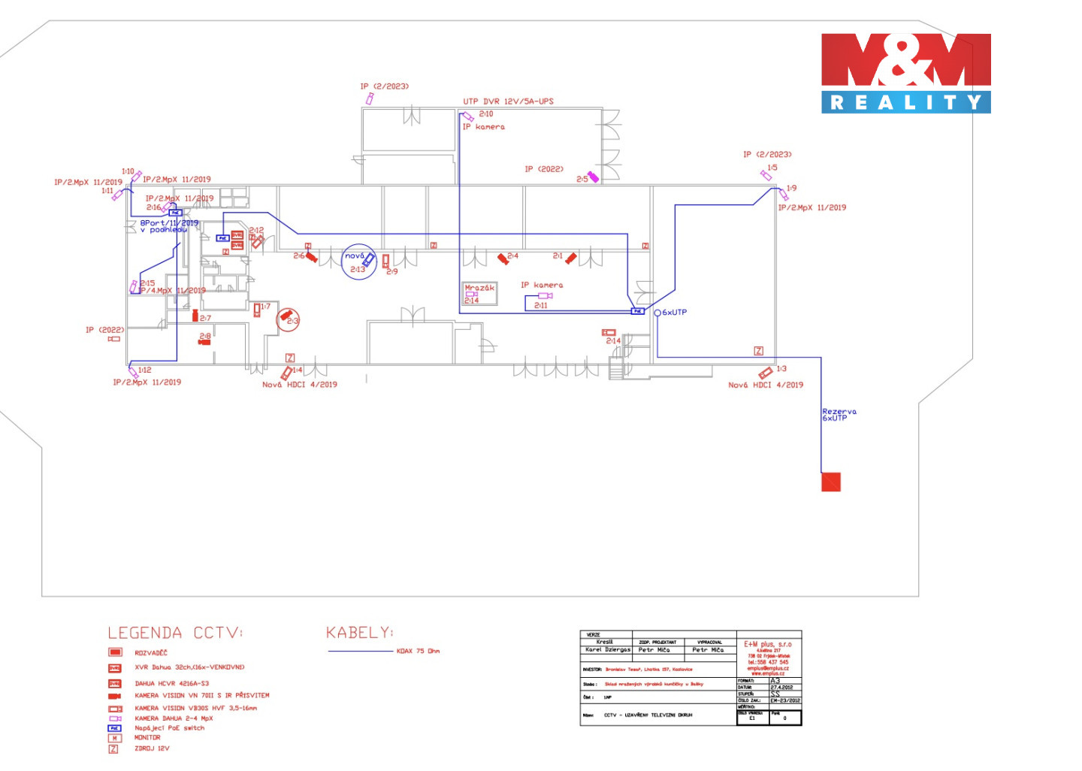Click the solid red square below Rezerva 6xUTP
click(830, 482)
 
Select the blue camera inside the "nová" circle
click(368, 259)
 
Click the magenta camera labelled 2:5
click(593, 177)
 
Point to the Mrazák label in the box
click(479, 288)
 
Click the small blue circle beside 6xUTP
click(657, 313)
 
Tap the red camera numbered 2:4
click(503, 259)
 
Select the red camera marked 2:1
click(571, 258)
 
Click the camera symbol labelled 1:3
click(766, 373)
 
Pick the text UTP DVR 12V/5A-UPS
click(508, 101)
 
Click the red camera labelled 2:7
click(195, 316)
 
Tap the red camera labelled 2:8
click(204, 342)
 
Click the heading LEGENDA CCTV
click(175, 633)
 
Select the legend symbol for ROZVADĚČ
click(115, 652)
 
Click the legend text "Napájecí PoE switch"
click(169, 728)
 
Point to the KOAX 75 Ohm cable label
click(418, 652)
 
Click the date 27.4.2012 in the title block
click(781, 687)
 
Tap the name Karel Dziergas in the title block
click(608, 650)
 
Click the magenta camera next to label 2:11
click(545, 296)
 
